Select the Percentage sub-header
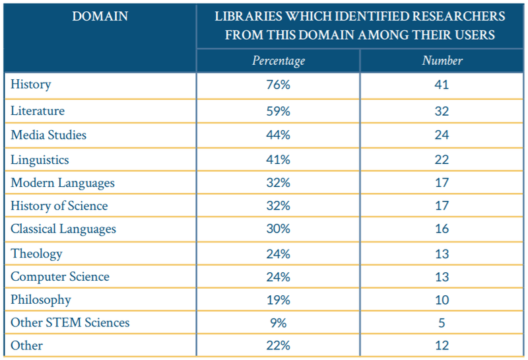coord(279,61)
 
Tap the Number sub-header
coord(442,61)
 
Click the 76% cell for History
coord(279,85)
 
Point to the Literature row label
coord(38,111)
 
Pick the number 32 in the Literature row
coord(442,111)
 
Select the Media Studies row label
coord(48,135)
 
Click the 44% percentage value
coord(279,135)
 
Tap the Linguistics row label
coord(40,160)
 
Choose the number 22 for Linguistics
coord(442,160)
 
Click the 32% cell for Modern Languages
coord(279,183)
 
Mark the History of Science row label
coord(59,206)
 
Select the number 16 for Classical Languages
coord(442,229)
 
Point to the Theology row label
coord(36,254)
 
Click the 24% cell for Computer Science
coord(279,277)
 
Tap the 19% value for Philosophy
coord(279,300)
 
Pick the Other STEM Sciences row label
coord(70,323)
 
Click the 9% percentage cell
coord(279,323)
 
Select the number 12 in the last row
coord(442,346)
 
